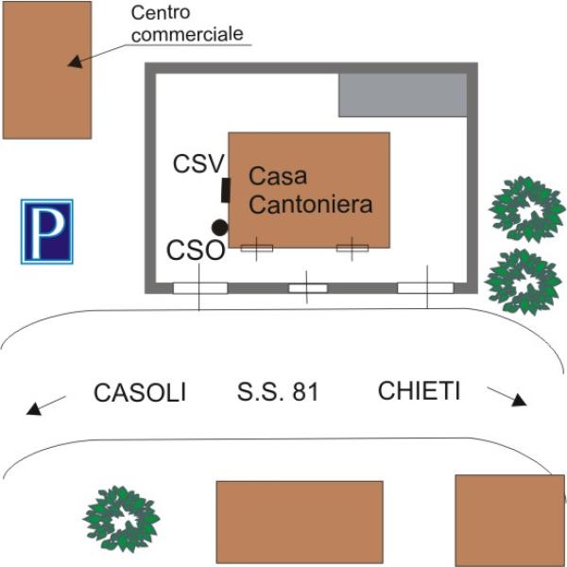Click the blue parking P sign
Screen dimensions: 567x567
tap(47, 231)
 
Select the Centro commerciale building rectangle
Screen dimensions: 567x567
tap(47, 70)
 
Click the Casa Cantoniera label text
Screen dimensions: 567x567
tap(310, 189)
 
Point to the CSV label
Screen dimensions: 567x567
tap(198, 163)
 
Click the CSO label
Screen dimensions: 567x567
tap(196, 251)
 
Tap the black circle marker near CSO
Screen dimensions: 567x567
tap(220, 227)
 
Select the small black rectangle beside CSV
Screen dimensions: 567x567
tap(226, 190)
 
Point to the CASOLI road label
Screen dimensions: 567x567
tap(141, 392)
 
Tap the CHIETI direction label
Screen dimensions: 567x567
tap(419, 390)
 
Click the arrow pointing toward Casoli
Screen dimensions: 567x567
tap(45, 406)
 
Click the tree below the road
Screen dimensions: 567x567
tap(119, 519)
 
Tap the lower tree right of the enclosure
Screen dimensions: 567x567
tap(523, 282)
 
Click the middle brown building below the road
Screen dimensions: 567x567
tap(300, 522)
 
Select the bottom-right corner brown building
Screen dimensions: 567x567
tap(508, 520)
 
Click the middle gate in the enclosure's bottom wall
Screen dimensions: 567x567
tap(307, 287)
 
